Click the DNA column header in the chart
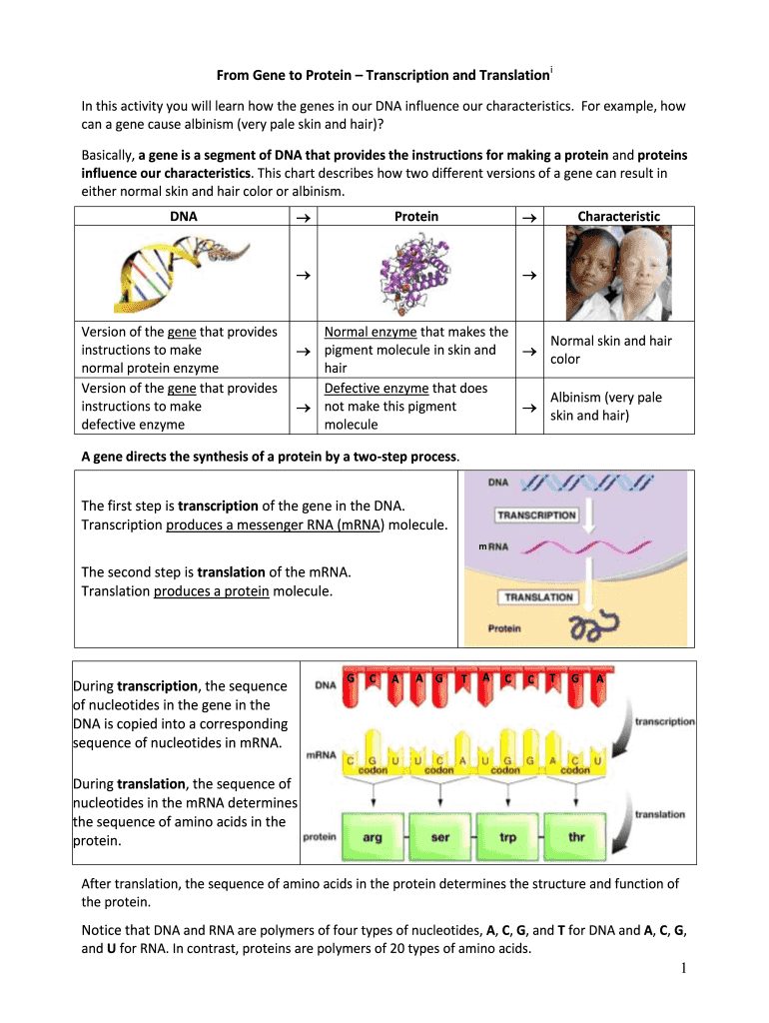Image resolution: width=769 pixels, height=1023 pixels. (x=184, y=217)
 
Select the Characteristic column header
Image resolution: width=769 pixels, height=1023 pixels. (x=619, y=217)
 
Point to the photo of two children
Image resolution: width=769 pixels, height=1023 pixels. (x=618, y=273)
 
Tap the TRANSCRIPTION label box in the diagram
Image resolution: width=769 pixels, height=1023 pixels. (x=536, y=515)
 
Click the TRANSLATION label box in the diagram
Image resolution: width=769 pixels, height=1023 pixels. (x=538, y=597)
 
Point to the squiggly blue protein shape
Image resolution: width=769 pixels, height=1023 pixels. (x=593, y=627)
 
